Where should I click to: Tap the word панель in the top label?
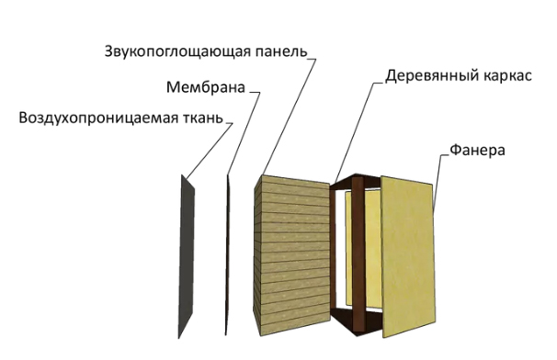[279, 51]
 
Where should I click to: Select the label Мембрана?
[206, 87]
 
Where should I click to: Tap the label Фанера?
[477, 151]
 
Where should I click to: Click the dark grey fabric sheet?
[187, 256]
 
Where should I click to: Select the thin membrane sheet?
[228, 255]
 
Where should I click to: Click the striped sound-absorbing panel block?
[292, 255]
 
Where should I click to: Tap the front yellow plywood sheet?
[408, 256]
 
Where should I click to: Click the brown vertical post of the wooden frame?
[358, 254]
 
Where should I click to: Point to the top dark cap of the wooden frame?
[355, 182]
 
